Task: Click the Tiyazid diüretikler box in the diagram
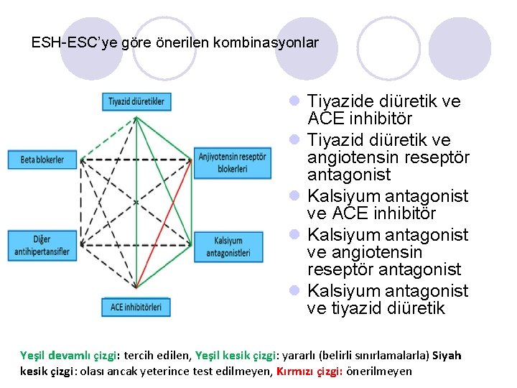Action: [x=136, y=101]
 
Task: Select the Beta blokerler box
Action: [x=42, y=160]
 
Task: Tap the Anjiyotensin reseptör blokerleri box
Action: [x=233, y=162]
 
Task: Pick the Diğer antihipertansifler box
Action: [x=42, y=245]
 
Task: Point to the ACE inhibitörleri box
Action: [x=136, y=307]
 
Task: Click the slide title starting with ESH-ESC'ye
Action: [x=174, y=43]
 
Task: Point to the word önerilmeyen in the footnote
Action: [x=379, y=371]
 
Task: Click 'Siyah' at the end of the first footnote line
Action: [x=447, y=356]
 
